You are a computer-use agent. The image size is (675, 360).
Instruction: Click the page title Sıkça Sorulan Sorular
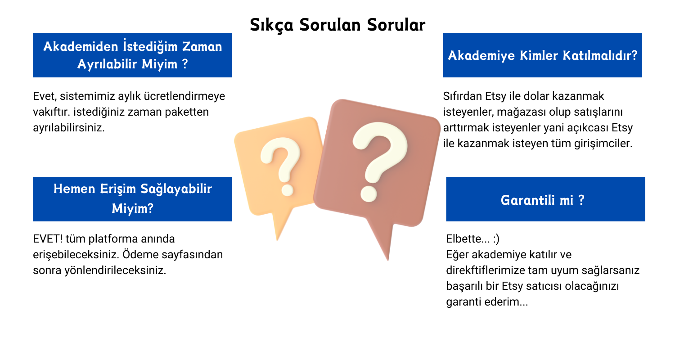coord(337,25)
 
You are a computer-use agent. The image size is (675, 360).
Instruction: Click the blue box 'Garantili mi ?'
coord(545,199)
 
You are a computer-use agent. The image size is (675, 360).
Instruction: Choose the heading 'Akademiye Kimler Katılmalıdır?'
coord(542,55)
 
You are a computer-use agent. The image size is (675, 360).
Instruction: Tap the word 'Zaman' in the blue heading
coord(202,47)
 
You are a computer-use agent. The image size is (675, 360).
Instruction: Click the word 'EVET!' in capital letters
coord(48,239)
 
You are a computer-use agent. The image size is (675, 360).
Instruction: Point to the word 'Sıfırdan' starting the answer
coord(463,96)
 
